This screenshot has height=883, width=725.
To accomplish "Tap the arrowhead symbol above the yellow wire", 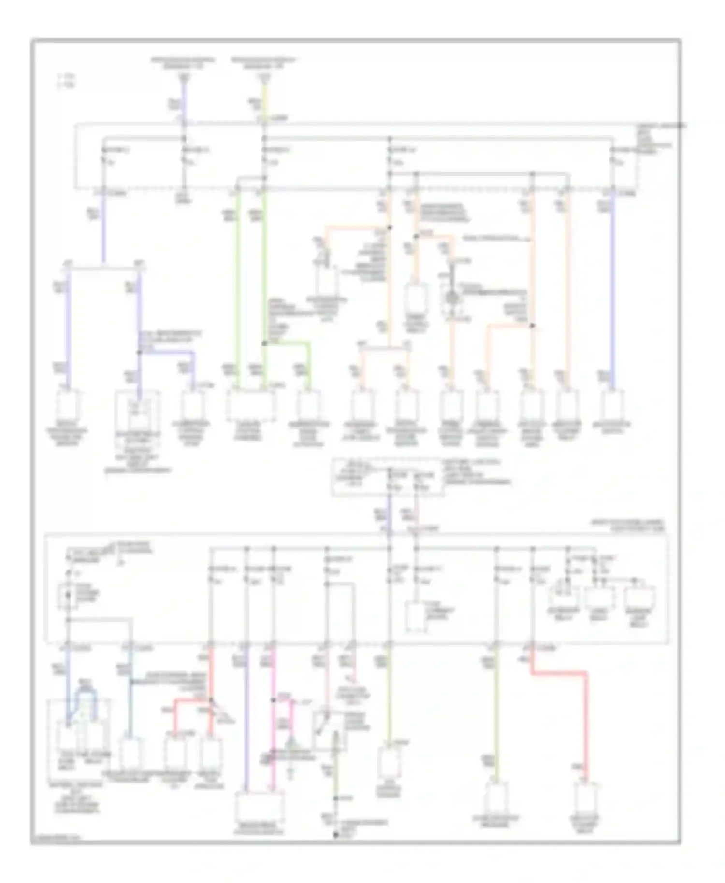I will click(263, 78).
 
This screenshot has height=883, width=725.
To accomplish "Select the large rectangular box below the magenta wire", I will click(259, 807).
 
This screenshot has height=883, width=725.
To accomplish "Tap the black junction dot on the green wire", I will click(264, 343).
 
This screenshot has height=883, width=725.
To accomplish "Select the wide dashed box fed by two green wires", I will click(251, 405).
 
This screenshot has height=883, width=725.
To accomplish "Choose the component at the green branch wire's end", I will click(308, 405).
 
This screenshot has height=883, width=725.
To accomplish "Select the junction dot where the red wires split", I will click(211, 700).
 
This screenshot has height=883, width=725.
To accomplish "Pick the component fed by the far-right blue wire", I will click(613, 405).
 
